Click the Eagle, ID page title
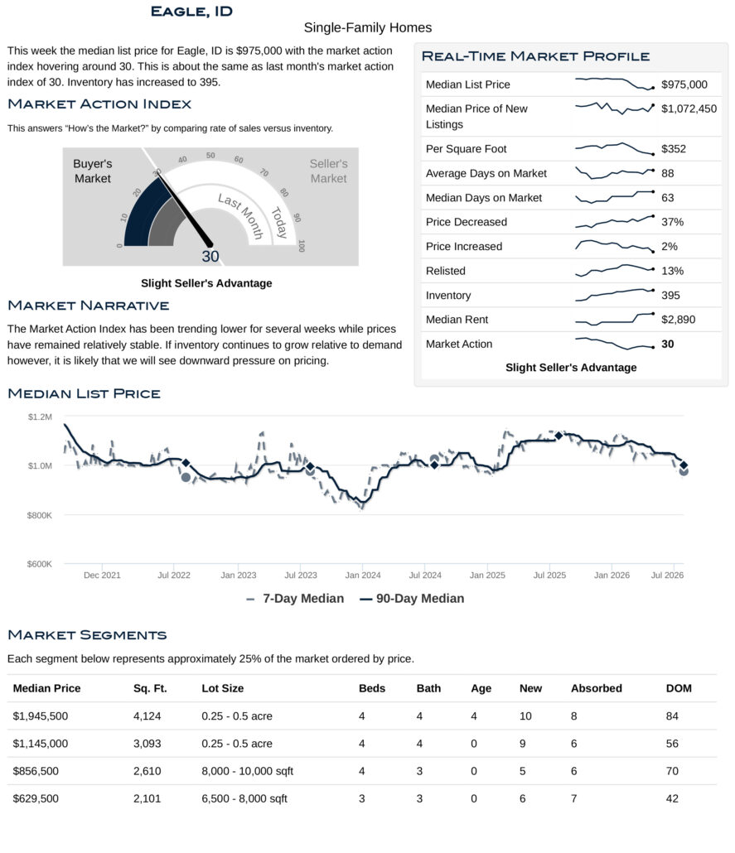coord(191,12)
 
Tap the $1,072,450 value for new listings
coord(689,108)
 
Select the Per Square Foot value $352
coord(674,149)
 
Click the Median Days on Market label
coord(483,198)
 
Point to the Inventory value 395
coord(670,296)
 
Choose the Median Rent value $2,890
coord(678,320)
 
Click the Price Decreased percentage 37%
coord(672,222)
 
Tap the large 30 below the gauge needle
coord(210,256)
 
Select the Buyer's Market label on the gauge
coord(93,171)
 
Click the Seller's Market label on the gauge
coord(328,171)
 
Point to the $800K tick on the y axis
coord(40,515)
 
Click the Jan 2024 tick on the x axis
coord(363,575)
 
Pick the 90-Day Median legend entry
coord(412,599)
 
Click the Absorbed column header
coord(596,688)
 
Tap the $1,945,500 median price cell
coord(41,716)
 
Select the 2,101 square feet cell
coord(147,798)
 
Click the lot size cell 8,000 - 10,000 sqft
coord(247,771)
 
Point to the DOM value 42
coord(672,798)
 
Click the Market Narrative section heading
coord(88,306)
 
